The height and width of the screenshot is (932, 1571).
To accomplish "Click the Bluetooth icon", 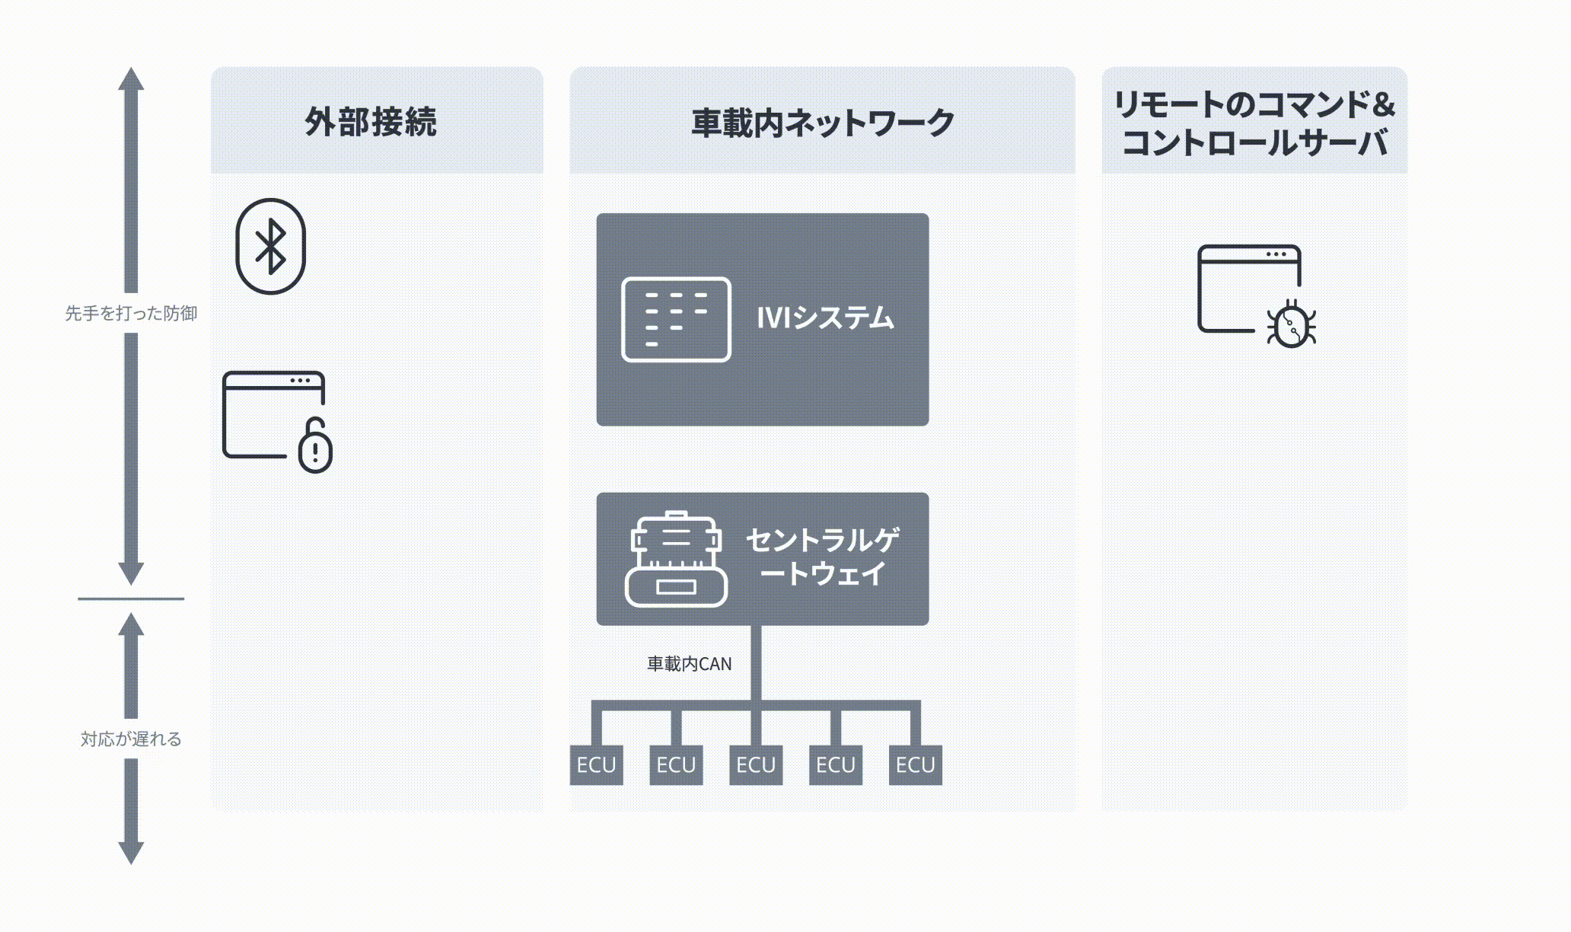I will point(270,246).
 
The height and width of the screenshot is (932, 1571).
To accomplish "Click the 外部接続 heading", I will point(371,122).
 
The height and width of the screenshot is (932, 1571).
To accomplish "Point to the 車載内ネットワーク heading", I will point(822,123).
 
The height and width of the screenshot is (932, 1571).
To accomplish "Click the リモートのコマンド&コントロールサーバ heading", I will point(1254,123).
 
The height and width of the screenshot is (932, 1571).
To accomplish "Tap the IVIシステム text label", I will point(825,318).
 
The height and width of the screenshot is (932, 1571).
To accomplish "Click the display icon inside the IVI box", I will point(676,319).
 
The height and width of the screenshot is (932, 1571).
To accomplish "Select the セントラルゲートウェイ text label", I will point(823,557).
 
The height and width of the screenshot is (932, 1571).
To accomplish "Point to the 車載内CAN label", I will point(689,664).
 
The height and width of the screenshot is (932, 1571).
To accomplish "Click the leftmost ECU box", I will point(596,764).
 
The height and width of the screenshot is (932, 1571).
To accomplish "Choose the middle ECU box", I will point(756,764).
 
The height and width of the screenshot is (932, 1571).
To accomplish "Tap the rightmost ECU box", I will point(915,764).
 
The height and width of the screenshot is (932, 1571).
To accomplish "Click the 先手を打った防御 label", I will point(131,313).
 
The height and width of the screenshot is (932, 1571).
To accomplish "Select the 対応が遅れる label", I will point(131,739).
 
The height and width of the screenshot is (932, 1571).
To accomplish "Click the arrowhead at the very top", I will point(131,79).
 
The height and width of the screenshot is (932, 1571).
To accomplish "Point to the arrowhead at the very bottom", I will point(131,852).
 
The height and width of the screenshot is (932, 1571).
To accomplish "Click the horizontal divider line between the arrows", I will point(131,598).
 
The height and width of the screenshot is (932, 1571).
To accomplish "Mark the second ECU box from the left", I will point(676,764).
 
